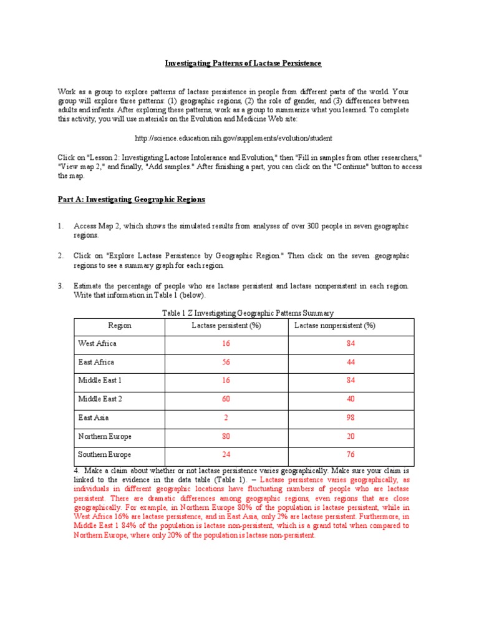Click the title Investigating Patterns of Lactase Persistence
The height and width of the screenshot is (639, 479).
point(243,64)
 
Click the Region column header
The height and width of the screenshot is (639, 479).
point(120,326)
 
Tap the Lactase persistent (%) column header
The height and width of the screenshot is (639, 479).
point(226,326)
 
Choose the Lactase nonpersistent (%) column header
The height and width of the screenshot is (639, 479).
point(334,326)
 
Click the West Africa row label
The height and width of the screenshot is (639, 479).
point(97,343)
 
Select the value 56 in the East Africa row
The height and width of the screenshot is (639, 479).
point(226,362)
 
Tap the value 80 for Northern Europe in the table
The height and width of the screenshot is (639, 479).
point(226,436)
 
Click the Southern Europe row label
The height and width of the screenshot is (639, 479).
point(104,455)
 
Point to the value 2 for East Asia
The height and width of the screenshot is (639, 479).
point(226,417)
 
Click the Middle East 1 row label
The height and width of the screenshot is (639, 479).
point(100,380)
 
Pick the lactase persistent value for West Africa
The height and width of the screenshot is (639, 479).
point(226,343)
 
